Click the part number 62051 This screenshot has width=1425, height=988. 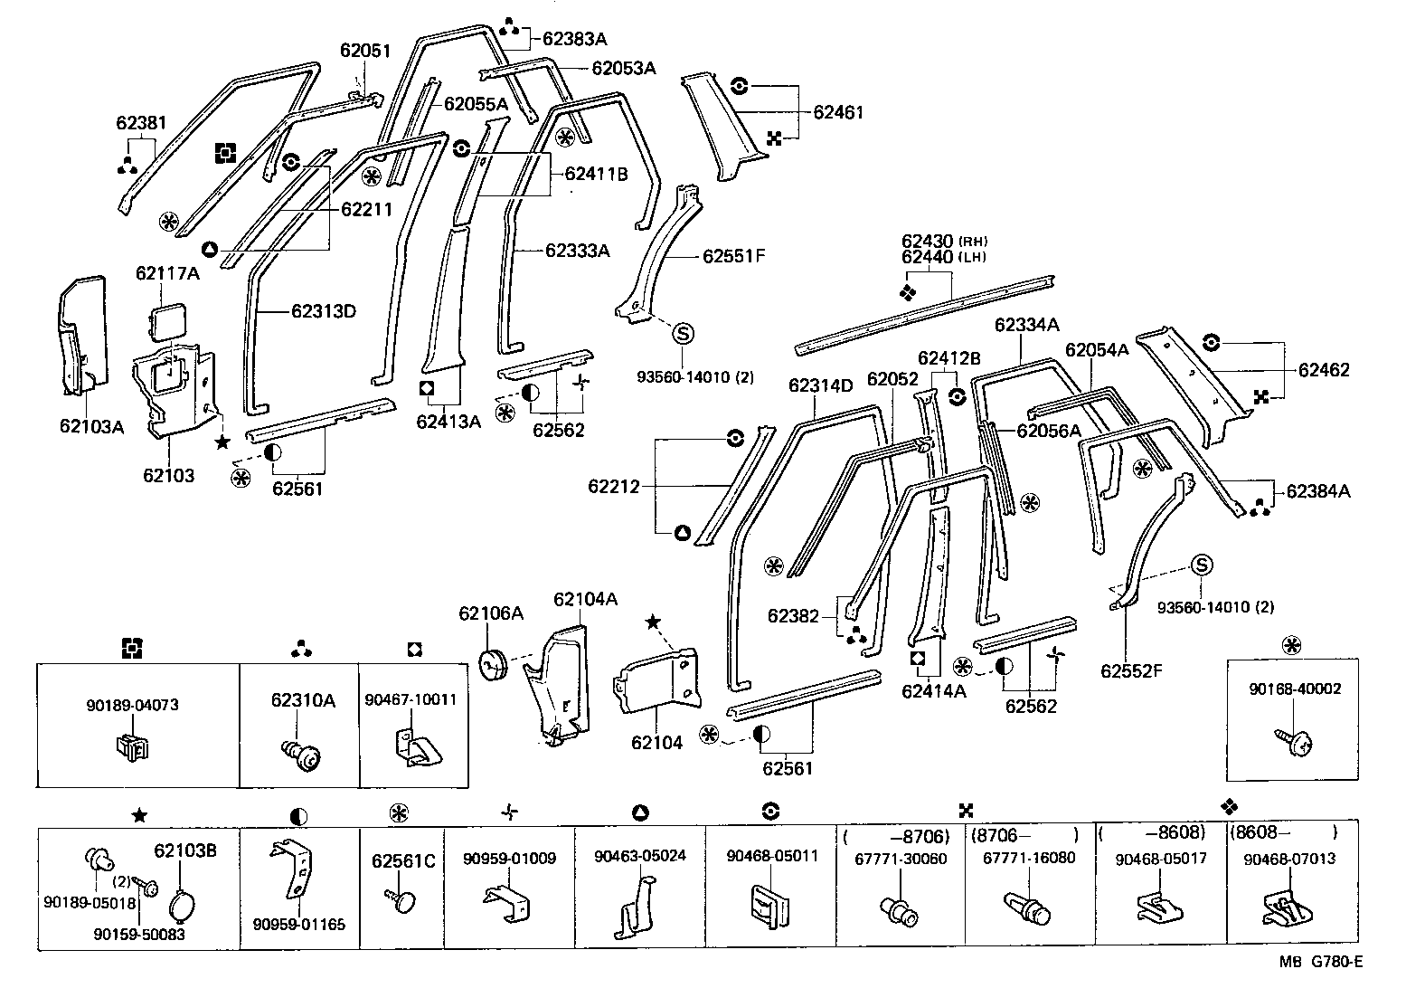(365, 51)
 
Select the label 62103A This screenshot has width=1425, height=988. (91, 426)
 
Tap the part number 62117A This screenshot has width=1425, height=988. (167, 272)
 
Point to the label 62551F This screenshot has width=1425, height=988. (733, 256)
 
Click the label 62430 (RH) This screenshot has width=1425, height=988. (944, 242)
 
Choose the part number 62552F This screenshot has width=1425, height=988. (1131, 670)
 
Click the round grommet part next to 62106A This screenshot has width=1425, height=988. (492, 662)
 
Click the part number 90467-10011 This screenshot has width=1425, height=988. (411, 699)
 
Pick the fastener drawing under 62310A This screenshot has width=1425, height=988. (303, 754)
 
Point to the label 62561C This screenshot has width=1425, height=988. (403, 861)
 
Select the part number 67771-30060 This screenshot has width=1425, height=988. (901, 858)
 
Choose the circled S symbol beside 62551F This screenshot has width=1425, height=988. (684, 334)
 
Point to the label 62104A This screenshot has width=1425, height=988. (586, 599)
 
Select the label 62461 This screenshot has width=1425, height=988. (838, 113)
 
